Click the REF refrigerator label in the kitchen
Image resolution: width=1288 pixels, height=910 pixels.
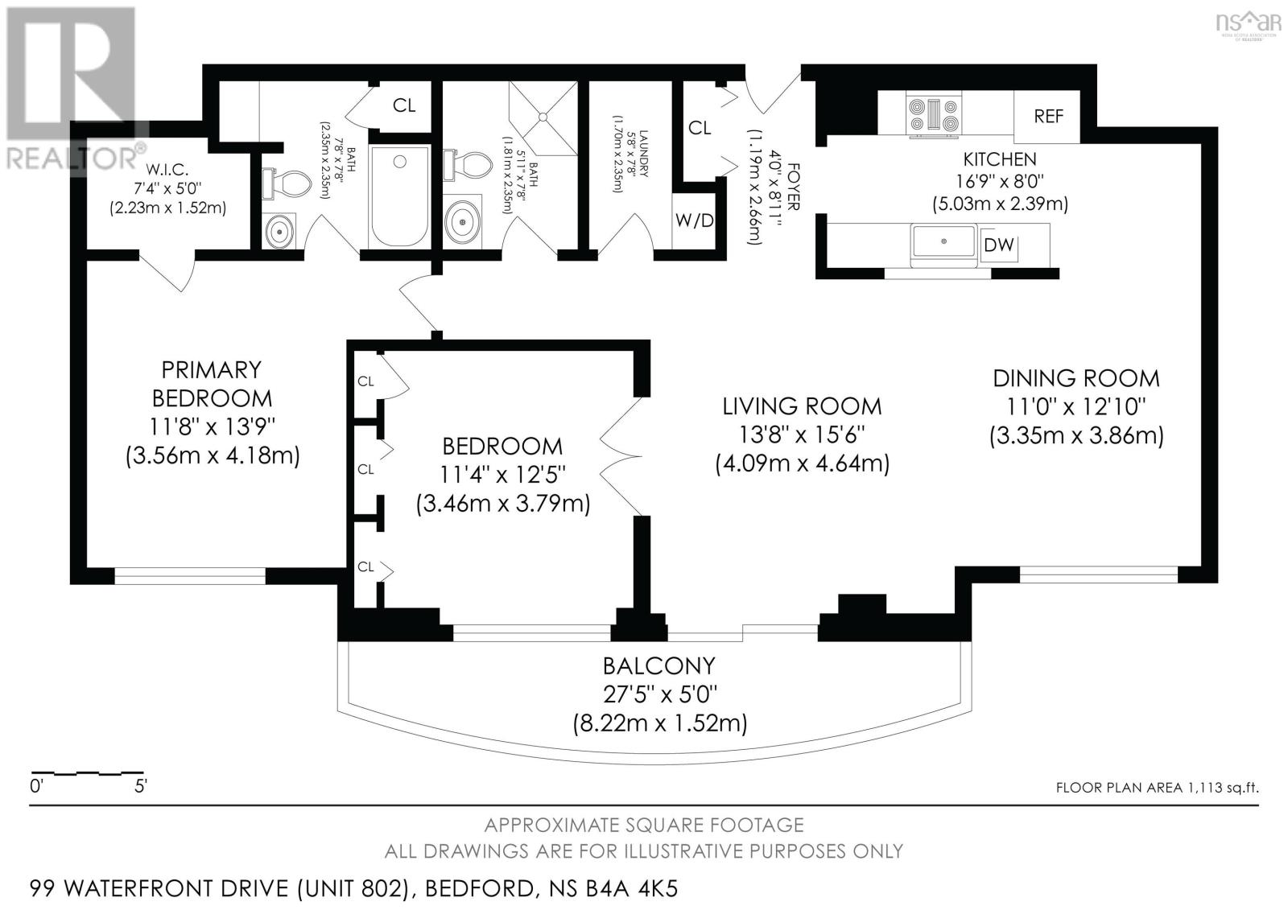click(1048, 117)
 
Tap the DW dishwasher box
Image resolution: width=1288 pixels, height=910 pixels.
click(999, 245)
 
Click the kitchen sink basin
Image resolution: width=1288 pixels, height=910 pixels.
click(943, 241)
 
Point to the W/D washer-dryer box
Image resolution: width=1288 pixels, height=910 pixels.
click(694, 220)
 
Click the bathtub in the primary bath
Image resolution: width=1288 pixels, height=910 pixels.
click(399, 196)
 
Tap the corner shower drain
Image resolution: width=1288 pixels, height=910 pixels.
click(543, 117)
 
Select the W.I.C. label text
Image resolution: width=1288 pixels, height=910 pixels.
click(167, 170)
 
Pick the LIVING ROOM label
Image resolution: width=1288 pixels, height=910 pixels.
click(802, 406)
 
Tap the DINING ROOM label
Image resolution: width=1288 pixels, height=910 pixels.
click(1076, 378)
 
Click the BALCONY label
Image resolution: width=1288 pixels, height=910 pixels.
click(659, 665)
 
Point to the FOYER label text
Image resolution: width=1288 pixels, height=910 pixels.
click(793, 187)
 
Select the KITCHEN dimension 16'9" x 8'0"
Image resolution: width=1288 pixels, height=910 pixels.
click(999, 182)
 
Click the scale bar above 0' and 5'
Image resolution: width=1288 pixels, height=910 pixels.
click(87, 772)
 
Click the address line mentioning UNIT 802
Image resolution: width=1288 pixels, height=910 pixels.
click(353, 889)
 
